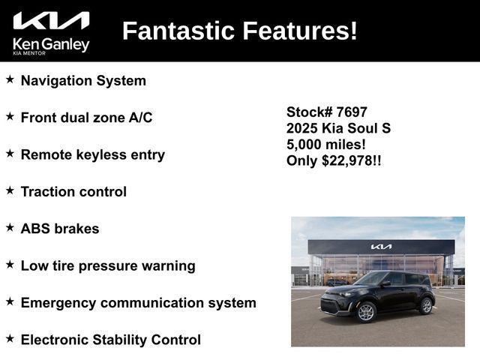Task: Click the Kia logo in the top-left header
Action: (51, 21)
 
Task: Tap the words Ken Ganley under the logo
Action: (51, 44)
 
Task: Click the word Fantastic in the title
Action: (178, 31)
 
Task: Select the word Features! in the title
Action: (300, 31)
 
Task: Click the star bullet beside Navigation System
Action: (10, 79)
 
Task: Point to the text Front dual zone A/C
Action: (86, 118)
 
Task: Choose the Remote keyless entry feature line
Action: (92, 154)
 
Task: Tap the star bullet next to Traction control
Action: (10, 190)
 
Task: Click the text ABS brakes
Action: (60, 229)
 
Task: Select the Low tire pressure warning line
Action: (108, 265)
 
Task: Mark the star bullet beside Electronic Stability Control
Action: (10, 339)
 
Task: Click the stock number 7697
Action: (352, 112)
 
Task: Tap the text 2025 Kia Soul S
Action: (338, 128)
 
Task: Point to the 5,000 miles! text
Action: (326, 145)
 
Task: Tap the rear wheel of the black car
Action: (426, 305)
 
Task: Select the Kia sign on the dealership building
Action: (381, 246)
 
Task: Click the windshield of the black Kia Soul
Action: (373, 279)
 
